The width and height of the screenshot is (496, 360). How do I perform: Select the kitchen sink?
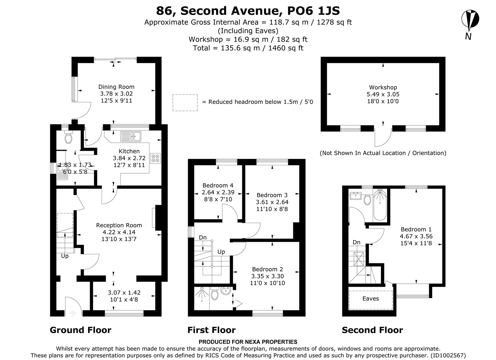coord(131,136)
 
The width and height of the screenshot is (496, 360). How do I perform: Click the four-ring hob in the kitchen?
coord(155,158)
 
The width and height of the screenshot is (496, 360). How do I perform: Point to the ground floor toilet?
coord(69,138)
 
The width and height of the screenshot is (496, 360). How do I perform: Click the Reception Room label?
coord(119,225)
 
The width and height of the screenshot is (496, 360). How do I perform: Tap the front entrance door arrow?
coord(73,313)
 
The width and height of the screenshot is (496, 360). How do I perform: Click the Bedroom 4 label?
coord(218,185)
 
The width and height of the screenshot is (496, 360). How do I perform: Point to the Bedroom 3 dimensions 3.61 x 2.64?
coord(272,202)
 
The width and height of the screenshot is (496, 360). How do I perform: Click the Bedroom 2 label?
coord(267,269)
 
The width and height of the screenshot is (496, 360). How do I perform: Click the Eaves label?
coord(370,299)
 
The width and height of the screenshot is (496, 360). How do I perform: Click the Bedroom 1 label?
coord(416,229)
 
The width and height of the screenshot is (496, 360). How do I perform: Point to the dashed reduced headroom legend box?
coord(185,102)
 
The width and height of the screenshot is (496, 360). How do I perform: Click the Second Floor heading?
coord(372,330)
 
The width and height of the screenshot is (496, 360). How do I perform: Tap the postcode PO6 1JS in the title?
coord(309,11)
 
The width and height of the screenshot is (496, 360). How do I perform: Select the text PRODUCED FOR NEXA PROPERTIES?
coord(248,342)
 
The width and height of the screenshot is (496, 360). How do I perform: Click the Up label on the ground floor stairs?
coord(65,256)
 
